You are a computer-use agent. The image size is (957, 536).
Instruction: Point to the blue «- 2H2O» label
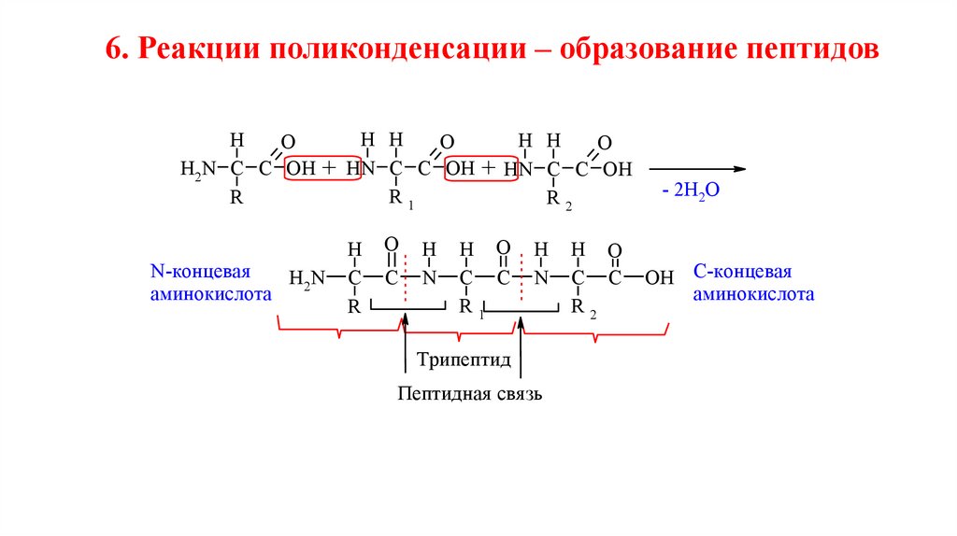[x=689, y=190]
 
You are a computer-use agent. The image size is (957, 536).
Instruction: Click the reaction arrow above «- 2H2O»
[x=696, y=169]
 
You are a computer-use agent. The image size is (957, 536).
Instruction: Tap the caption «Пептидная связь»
[x=469, y=394]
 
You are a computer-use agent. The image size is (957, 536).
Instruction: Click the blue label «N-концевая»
[x=201, y=272]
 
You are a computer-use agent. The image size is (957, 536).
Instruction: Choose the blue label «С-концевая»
[x=742, y=272]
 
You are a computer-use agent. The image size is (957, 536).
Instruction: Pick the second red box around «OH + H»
[x=479, y=169]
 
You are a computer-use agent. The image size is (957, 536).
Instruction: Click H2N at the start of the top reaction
[x=198, y=170]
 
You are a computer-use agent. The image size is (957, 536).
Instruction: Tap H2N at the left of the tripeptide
[x=308, y=277]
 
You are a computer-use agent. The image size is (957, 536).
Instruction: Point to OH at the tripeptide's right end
[x=660, y=277]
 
